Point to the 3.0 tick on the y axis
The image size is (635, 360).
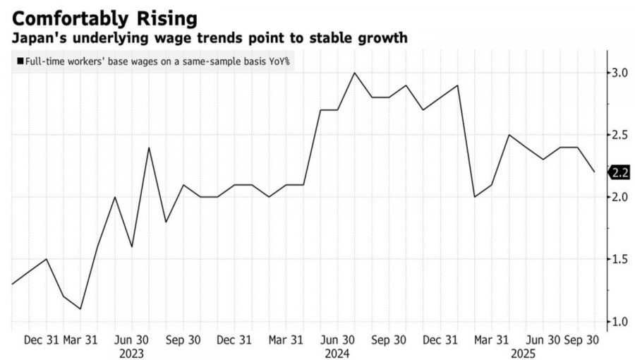619,73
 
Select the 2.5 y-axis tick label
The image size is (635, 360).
619,135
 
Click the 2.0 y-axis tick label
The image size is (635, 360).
619,197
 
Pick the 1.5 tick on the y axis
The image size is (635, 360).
619,260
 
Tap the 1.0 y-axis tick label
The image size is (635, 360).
619,322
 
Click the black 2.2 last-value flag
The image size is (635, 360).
619,172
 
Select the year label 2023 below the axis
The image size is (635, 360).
131,352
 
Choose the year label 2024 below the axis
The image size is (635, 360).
337,352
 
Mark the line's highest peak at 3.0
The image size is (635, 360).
354,73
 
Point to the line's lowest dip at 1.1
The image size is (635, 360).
80,309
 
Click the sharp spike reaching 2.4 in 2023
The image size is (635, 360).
149,148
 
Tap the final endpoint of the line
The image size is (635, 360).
594,172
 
